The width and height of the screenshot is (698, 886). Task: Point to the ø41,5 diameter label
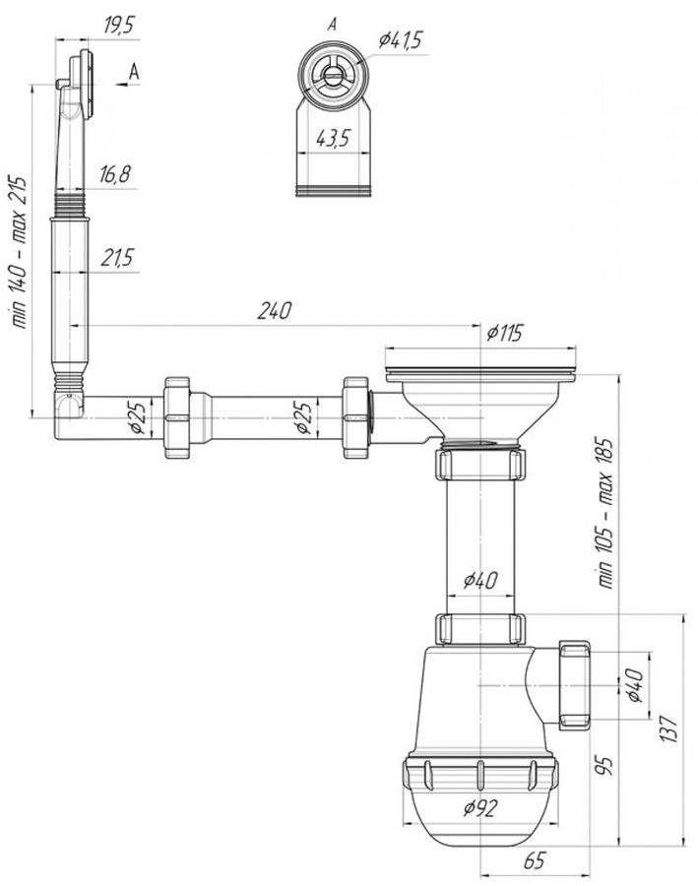point(401,40)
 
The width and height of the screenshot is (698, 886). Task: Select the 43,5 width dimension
point(334,139)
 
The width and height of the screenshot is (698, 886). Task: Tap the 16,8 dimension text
point(115,174)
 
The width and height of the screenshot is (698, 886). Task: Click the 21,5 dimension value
point(117,258)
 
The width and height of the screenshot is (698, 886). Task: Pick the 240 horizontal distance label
point(274,311)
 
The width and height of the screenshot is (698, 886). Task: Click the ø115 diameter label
point(505,333)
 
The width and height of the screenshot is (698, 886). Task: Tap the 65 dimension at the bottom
point(535,861)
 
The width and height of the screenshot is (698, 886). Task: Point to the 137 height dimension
point(668,728)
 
